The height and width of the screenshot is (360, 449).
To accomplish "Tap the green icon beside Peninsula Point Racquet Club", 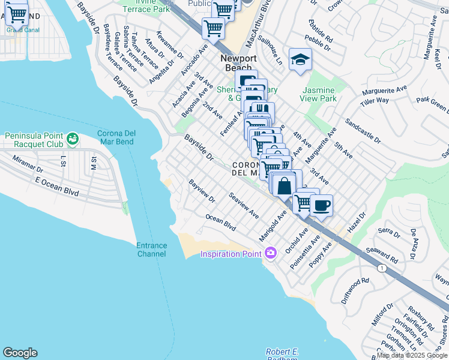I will [73, 139].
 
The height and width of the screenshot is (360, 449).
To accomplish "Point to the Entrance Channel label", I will [151, 250].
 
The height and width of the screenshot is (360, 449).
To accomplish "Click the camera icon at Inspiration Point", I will [270, 253].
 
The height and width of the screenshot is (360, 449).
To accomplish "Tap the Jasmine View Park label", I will [318, 94].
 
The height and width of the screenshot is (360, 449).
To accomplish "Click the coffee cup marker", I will [321, 205].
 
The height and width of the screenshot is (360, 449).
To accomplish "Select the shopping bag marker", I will [285, 185].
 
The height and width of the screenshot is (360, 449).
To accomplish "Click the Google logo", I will [20, 353].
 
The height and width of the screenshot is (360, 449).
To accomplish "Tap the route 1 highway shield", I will [381, 268].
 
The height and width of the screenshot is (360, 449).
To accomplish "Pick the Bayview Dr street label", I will [202, 190].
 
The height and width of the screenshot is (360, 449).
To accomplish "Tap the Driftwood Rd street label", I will [357, 290].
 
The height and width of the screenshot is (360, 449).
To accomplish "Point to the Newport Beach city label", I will [238, 63].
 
